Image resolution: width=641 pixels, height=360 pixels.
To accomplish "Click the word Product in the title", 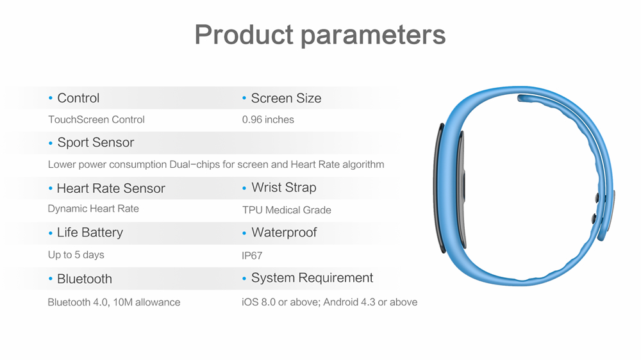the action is click(x=244, y=35).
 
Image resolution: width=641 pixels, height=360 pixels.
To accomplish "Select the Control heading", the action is click(x=78, y=98).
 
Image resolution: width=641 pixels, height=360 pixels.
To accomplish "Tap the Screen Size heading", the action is click(x=286, y=98).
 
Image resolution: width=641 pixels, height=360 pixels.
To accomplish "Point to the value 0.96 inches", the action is click(x=268, y=120).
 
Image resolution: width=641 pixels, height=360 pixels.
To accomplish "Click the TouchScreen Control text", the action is click(x=97, y=120).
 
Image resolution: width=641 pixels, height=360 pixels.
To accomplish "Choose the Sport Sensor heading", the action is click(x=96, y=142).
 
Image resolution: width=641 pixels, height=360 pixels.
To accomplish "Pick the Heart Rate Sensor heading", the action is click(x=111, y=188).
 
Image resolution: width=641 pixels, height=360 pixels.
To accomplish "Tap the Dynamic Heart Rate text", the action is click(x=93, y=209).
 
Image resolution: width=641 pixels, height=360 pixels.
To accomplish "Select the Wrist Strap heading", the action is click(x=284, y=188).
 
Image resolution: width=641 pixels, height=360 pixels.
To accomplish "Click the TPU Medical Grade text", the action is click(x=287, y=210).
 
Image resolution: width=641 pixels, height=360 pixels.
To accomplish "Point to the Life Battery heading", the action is click(x=90, y=233).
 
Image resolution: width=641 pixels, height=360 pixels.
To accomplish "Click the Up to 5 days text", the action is click(x=76, y=255).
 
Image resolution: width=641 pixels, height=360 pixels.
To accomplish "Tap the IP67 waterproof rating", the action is click(x=252, y=256).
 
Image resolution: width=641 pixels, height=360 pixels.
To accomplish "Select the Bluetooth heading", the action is click(x=84, y=279).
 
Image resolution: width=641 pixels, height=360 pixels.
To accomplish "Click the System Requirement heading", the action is click(x=312, y=278).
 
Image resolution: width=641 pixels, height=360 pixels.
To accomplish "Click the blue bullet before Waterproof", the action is click(x=244, y=233).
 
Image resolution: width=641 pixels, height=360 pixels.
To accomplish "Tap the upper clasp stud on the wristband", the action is click(x=597, y=198).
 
